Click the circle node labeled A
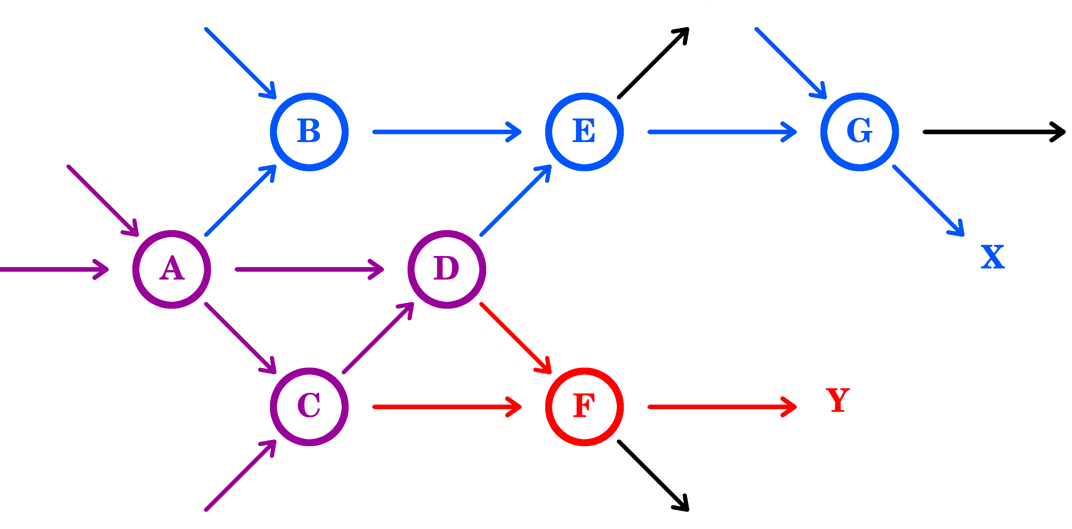pyautogui.click(x=171, y=269)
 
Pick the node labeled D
pyautogui.click(x=447, y=269)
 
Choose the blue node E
pyautogui.click(x=584, y=132)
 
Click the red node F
pyautogui.click(x=584, y=406)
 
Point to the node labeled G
pyautogui.click(x=859, y=132)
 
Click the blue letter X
pyautogui.click(x=992, y=257)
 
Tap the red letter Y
pyautogui.click(x=837, y=400)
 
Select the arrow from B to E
pyautogui.click(x=447, y=132)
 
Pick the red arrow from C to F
pyautogui.click(x=447, y=406)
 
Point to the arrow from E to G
pyautogui.click(x=722, y=132)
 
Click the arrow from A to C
pyautogui.click(x=240, y=338)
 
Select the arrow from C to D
pyautogui.click(x=378, y=338)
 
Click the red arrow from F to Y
pyautogui.click(x=722, y=406)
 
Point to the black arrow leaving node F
pyautogui.click(x=653, y=475)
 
